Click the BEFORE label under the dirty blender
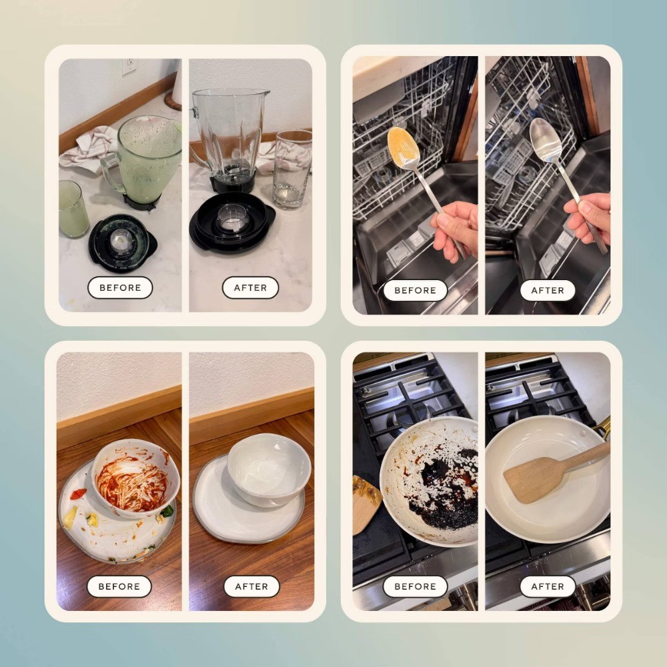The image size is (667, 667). [x=120, y=287]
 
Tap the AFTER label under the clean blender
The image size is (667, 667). [x=251, y=287]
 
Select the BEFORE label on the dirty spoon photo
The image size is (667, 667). [x=415, y=290]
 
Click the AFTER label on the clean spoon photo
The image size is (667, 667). [x=548, y=290]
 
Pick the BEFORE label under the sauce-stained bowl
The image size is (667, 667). [x=119, y=586]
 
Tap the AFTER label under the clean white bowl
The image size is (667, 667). [x=251, y=586]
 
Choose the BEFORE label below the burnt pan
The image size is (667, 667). [x=415, y=586]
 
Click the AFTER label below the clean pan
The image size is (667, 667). [x=548, y=586]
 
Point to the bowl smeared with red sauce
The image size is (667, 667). [x=135, y=478]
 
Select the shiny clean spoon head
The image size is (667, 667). [x=546, y=139]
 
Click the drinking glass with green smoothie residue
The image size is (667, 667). [x=73, y=208]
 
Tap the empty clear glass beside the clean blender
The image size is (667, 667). [x=293, y=169]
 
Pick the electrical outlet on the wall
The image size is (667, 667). [x=129, y=66]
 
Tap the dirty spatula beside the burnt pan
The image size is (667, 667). [x=366, y=504]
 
